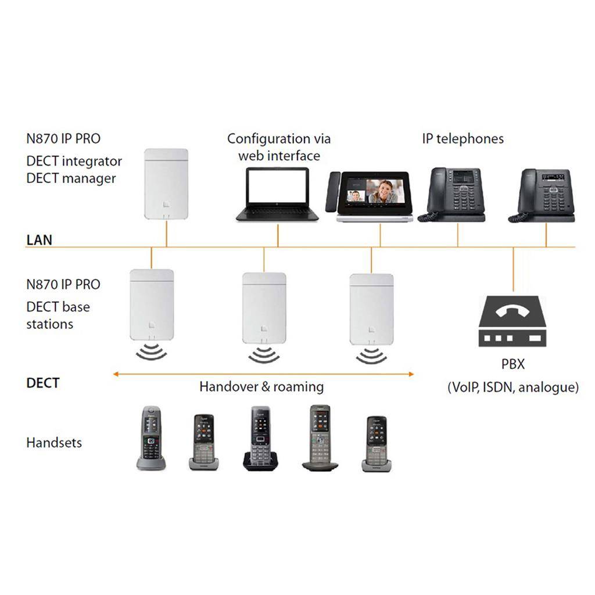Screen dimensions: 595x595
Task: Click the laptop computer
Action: point(277,194)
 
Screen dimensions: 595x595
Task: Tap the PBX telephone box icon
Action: point(512,321)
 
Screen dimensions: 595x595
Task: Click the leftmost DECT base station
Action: point(152,303)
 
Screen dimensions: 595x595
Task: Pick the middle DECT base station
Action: point(264,307)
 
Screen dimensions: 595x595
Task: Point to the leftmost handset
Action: point(151,438)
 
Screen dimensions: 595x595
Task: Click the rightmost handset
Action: point(377,443)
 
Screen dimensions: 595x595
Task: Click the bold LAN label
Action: point(39,240)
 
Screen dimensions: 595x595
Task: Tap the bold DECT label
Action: point(43,383)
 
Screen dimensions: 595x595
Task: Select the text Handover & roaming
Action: point(261,386)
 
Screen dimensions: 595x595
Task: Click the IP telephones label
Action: point(463,139)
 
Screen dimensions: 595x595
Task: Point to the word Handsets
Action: point(54,443)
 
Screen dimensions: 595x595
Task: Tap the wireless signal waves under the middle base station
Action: point(264,354)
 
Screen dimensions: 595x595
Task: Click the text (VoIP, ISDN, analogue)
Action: point(512,388)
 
